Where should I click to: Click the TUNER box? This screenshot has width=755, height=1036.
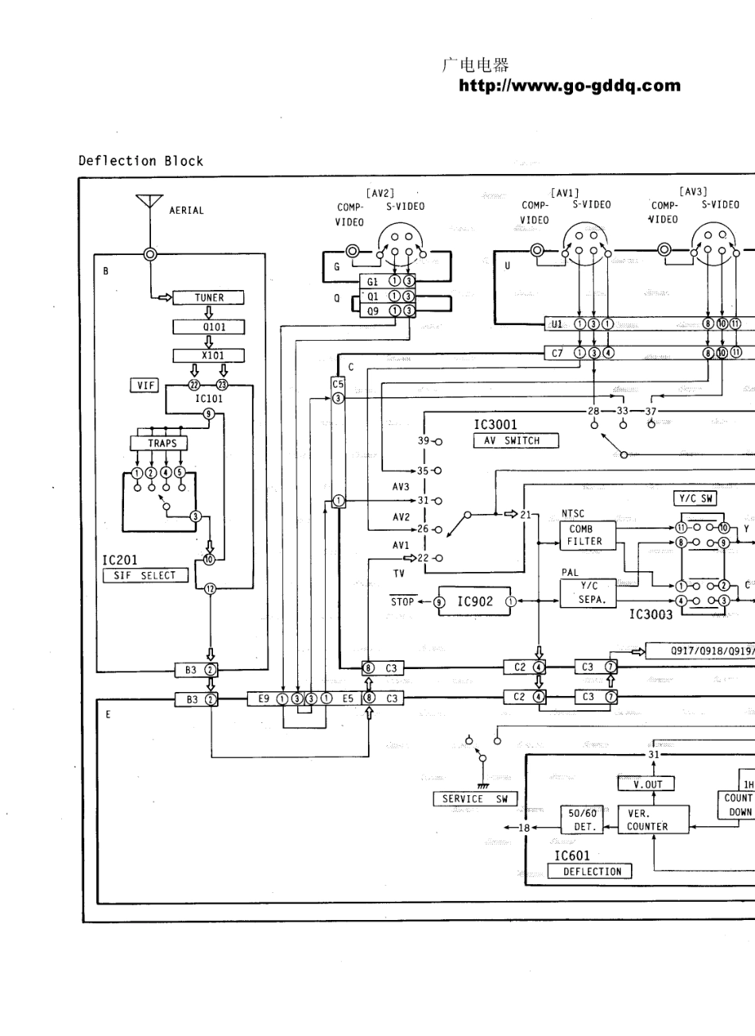(209, 298)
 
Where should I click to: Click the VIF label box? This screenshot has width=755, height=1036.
(145, 385)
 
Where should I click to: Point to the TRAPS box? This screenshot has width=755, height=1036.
(162, 443)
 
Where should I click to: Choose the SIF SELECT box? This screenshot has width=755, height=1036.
(145, 575)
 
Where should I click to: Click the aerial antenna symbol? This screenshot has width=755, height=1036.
(149, 203)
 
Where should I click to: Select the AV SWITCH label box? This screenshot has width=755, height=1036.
(516, 440)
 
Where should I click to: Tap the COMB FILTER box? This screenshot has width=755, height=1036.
(587, 535)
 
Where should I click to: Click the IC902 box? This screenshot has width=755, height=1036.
(474, 601)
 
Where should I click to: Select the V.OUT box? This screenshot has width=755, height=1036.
(647, 783)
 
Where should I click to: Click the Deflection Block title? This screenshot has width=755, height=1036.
(141, 160)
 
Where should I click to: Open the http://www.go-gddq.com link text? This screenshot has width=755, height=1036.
(570, 86)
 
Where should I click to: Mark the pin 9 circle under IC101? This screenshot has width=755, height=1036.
(208, 413)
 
